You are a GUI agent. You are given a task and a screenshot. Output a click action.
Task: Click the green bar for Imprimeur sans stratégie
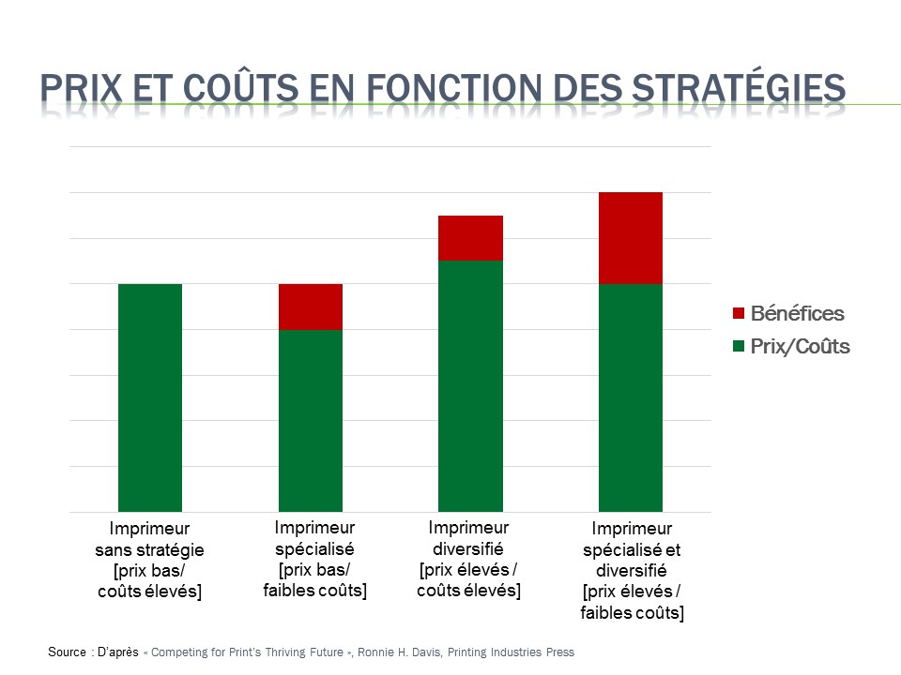pyautogui.click(x=150, y=397)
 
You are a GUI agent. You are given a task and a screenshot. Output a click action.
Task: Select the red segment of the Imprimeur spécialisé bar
pyautogui.click(x=311, y=307)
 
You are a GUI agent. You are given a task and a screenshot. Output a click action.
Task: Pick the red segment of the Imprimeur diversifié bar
pyautogui.click(x=471, y=238)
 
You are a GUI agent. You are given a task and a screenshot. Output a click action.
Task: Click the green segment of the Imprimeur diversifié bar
pyautogui.click(x=471, y=385)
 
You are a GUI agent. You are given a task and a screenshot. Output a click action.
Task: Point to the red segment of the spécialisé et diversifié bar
pyautogui.click(x=631, y=238)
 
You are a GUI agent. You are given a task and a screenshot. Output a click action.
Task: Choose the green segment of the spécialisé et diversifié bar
pyautogui.click(x=631, y=397)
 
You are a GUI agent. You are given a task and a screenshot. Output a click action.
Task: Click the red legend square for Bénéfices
pyautogui.click(x=739, y=313)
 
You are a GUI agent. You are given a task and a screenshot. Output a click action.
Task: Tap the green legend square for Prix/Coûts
pyautogui.click(x=739, y=346)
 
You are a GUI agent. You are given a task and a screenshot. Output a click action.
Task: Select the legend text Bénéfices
pyautogui.click(x=798, y=313)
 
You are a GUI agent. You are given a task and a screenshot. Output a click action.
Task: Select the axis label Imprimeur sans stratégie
pyautogui.click(x=150, y=538)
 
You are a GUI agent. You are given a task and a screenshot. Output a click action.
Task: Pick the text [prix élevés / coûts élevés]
pyautogui.click(x=468, y=580)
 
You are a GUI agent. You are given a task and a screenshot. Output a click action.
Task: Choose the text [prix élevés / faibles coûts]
pyautogui.click(x=632, y=602)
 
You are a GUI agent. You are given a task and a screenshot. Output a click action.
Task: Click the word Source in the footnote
pyautogui.click(x=68, y=652)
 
